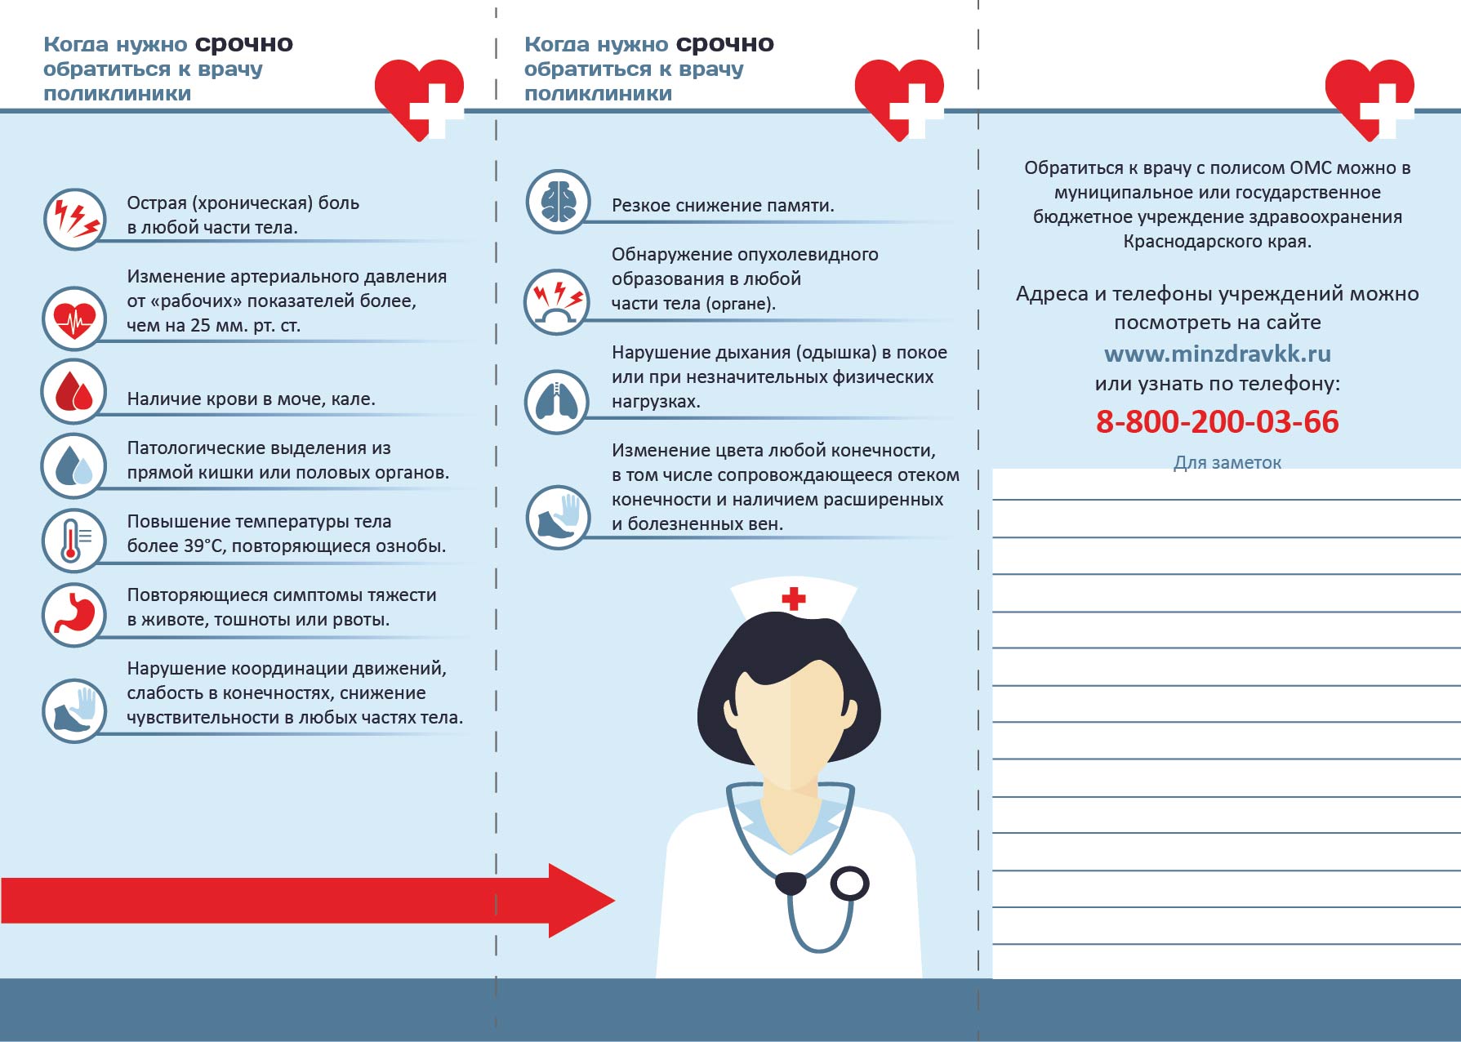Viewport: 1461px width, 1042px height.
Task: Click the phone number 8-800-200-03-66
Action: coord(1217,422)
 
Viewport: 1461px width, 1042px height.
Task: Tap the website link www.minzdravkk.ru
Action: coord(1217,354)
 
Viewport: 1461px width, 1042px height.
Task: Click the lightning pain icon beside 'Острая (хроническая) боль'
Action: coord(74,219)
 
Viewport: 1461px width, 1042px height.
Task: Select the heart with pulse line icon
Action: coord(74,318)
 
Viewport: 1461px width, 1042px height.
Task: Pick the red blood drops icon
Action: coord(74,391)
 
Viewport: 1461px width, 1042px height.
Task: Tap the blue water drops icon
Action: coord(74,465)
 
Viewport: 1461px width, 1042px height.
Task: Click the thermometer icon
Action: coord(74,539)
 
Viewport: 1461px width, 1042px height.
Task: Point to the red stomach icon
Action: coord(74,614)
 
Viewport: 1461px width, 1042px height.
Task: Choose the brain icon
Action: coord(558,201)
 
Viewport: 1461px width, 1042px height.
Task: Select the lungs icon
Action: coord(558,401)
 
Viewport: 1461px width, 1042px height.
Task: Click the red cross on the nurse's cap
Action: coord(793,599)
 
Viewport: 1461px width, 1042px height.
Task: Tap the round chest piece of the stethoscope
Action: coord(849,884)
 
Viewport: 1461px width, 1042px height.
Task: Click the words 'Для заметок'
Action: coord(1227,463)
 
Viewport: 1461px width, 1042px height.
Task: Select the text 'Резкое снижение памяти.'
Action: coord(723,206)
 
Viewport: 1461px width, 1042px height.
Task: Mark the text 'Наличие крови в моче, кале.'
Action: coord(251,399)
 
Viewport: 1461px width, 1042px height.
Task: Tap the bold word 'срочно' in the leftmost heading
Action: coord(243,43)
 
